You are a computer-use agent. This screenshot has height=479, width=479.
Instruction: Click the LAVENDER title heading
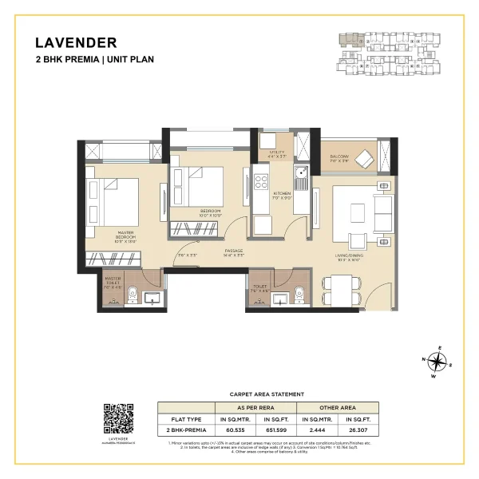pos(77,42)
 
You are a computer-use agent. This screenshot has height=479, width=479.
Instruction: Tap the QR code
pos(117,418)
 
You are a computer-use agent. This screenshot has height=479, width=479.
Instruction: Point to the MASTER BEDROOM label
pos(125,236)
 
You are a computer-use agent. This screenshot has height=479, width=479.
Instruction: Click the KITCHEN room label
pos(283,195)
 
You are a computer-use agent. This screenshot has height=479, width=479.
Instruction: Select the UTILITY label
pos(277,153)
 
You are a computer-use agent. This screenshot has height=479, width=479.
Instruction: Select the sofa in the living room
pos(382,210)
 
